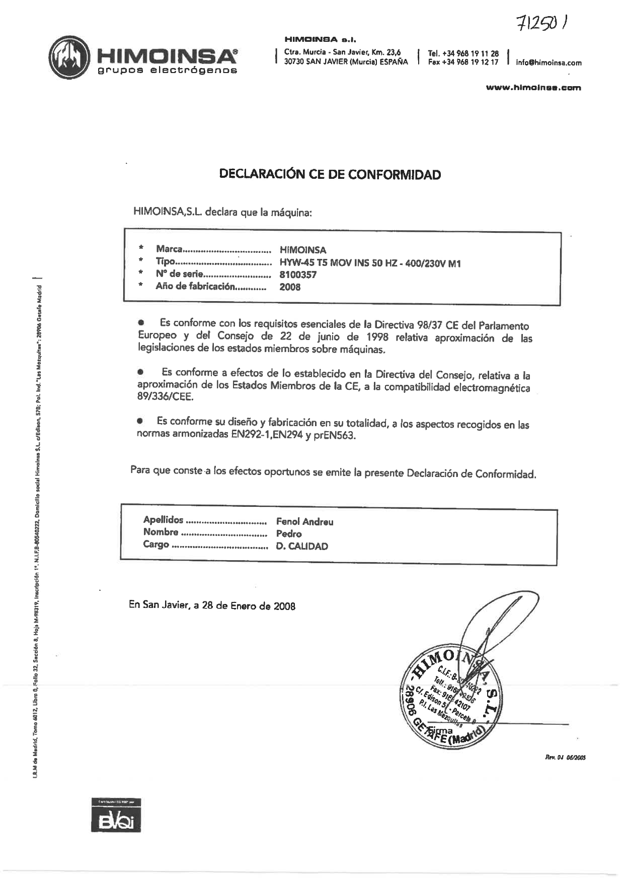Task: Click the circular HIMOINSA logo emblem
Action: click(70, 58)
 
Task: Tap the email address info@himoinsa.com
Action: click(549, 63)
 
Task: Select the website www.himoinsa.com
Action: click(533, 88)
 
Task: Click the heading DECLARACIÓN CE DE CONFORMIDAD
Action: click(330, 175)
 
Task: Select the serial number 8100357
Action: click(298, 275)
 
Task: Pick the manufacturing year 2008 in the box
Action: click(290, 287)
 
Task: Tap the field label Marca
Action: click(169, 249)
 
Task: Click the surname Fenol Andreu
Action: click(304, 522)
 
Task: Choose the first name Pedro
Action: click(289, 534)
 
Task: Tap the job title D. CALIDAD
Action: click(302, 547)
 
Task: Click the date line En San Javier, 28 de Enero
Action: click(212, 605)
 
